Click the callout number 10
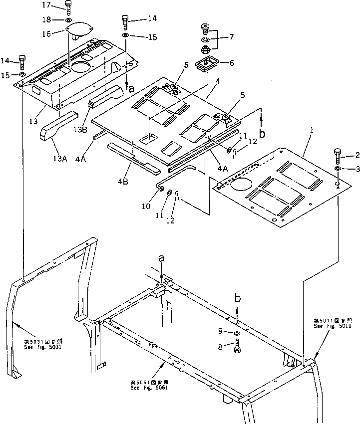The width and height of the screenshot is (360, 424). coord(146,206)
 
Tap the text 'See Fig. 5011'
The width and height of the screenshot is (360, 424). coord(333,326)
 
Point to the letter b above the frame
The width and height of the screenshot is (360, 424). coord(238,299)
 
